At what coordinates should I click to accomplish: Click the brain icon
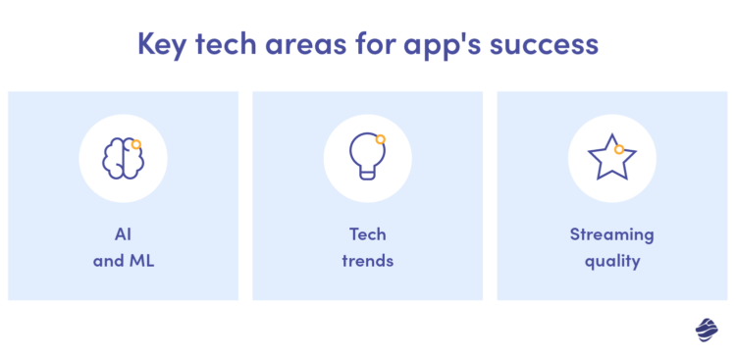point(123,158)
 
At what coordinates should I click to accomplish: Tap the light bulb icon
point(367,156)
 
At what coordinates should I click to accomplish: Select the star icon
point(611,157)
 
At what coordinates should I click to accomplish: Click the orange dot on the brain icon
point(136,144)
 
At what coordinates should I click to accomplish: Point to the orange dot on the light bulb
point(380,139)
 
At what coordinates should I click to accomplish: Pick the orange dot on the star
point(619,149)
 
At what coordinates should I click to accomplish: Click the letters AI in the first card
point(123,234)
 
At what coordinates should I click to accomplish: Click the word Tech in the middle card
point(367,234)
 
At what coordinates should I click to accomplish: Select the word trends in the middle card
point(367,262)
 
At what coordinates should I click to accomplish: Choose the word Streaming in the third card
point(611,234)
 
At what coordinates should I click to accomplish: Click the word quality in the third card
point(611,262)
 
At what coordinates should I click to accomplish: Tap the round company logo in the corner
point(707,331)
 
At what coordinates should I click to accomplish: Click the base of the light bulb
point(367,174)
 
